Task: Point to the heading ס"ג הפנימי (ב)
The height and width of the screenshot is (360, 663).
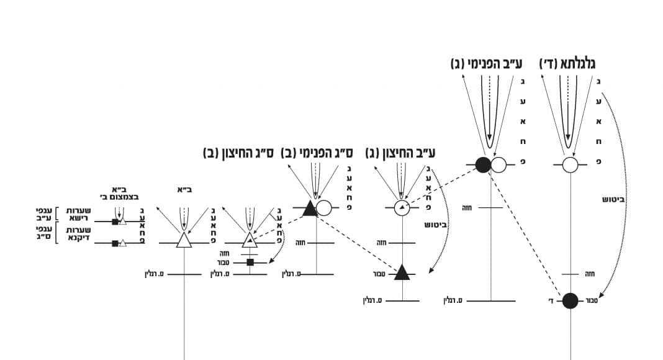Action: [317, 152]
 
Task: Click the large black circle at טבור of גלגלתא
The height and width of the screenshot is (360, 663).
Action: [571, 301]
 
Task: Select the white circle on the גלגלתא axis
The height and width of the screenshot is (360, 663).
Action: [571, 165]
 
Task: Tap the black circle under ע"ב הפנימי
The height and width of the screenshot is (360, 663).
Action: [483, 165]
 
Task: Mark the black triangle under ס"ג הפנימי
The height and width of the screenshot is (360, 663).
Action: [309, 209]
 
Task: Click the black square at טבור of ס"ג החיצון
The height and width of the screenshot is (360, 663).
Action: [250, 263]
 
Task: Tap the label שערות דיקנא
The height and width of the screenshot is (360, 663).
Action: [78, 235]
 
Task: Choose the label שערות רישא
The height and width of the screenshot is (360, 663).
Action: [78, 215]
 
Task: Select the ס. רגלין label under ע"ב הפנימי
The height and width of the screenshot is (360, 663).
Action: [454, 301]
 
